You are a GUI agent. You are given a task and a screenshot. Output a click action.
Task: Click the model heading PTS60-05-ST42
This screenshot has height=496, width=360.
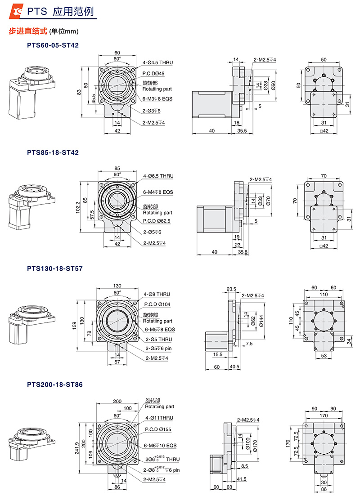pyautogui.click(x=53, y=45)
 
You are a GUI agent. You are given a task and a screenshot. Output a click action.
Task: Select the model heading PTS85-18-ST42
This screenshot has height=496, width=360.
pyautogui.click(x=53, y=152)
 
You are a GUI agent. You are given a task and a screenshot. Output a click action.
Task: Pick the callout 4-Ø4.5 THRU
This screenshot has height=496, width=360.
pyautogui.click(x=157, y=63)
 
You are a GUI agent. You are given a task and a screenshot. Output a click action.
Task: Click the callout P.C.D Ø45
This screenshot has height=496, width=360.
pyautogui.click(x=154, y=73)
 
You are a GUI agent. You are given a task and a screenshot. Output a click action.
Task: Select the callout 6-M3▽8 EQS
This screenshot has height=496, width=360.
pyautogui.click(x=157, y=98)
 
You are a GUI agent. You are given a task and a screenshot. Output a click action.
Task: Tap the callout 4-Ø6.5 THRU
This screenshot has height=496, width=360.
pyautogui.click(x=158, y=176)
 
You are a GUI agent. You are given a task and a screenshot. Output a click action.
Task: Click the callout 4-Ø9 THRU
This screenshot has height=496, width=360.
pyautogui.click(x=157, y=294)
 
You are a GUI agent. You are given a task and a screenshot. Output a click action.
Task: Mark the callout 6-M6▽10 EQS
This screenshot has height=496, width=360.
pyautogui.click(x=160, y=445)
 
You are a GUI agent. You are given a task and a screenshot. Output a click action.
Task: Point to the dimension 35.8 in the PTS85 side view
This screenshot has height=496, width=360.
pyautogui.click(x=243, y=252)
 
